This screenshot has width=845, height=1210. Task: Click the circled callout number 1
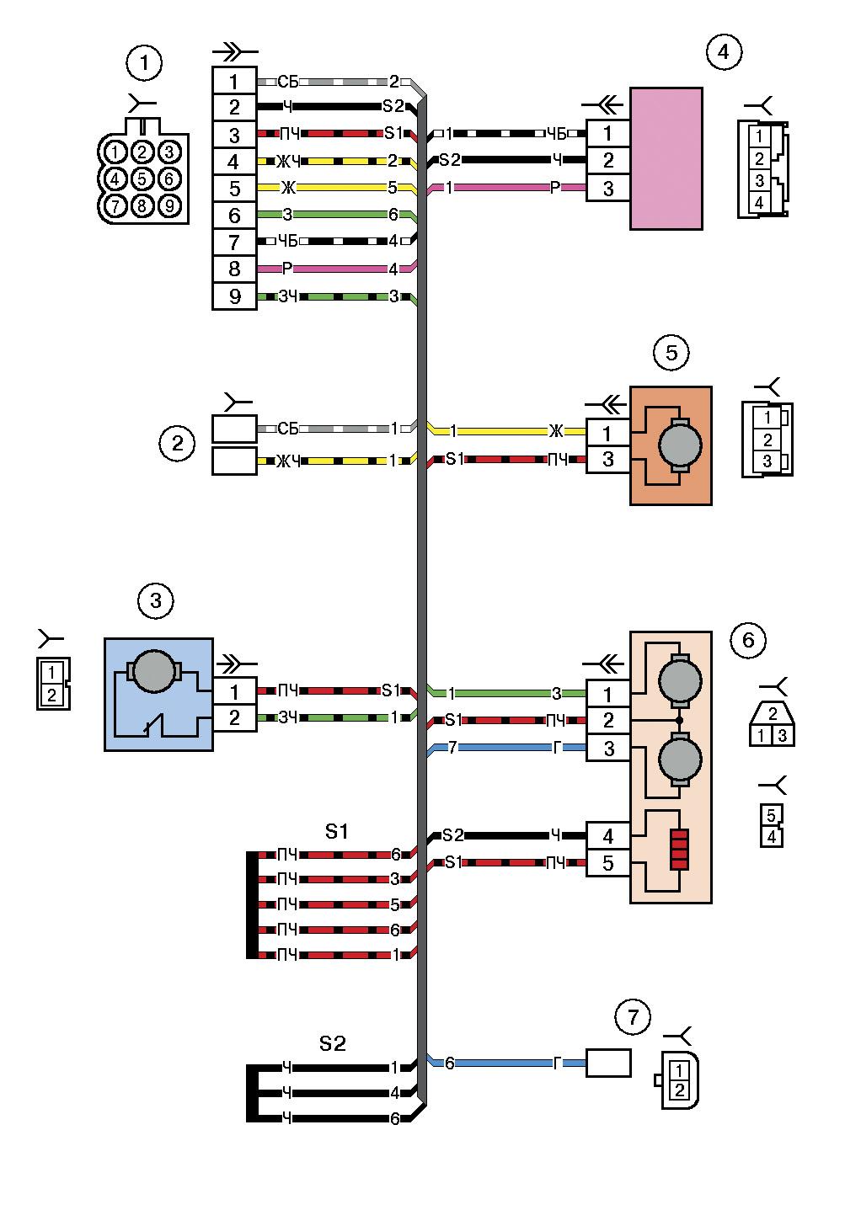coord(144,61)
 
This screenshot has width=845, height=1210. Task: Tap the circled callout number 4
coord(724,52)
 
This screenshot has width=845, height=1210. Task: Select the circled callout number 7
coord(633,1017)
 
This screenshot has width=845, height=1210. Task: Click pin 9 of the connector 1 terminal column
coord(234,296)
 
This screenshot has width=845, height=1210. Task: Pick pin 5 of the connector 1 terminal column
coord(234,188)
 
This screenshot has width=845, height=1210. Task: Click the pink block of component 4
coord(666,157)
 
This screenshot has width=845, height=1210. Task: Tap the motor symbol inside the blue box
coord(152,671)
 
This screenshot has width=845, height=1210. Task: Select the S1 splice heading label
coord(337,831)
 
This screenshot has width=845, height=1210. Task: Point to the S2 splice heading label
coord(333,1043)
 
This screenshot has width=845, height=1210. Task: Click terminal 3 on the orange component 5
coord(608,460)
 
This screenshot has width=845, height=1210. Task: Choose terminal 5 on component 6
coord(608,863)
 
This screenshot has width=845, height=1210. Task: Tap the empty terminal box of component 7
coord(608,1063)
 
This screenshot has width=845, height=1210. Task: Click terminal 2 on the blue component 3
coord(234,718)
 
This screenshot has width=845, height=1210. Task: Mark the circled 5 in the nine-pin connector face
coord(143,179)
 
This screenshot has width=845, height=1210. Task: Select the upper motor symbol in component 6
coord(678,680)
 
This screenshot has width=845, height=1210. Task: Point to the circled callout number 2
coord(177,443)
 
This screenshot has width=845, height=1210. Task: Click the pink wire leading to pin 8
coord(337,269)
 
